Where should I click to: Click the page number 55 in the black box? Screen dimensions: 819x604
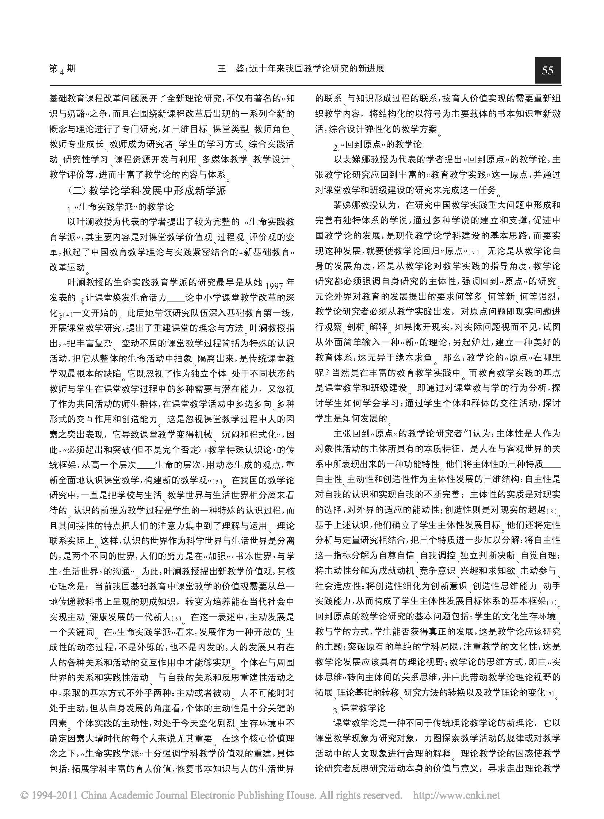(x=547, y=70)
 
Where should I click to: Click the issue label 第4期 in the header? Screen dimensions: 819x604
(x=62, y=69)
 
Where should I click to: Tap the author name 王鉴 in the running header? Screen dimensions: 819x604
(x=232, y=69)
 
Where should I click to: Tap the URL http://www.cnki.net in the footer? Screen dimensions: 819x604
(x=456, y=795)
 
